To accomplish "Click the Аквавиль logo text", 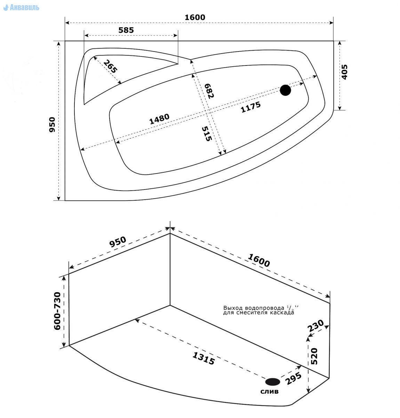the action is click(x=24, y=8).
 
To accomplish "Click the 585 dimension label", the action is click(x=126, y=30).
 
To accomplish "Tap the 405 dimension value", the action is click(x=344, y=72).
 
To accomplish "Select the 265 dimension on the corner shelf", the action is click(x=110, y=67).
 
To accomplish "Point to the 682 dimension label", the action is click(x=209, y=91).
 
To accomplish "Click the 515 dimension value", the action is click(x=207, y=134).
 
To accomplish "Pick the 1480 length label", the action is click(x=159, y=119).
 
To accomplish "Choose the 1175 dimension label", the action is click(x=250, y=107).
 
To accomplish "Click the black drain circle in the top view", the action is click(x=286, y=90).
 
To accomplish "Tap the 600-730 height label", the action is click(x=57, y=311).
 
